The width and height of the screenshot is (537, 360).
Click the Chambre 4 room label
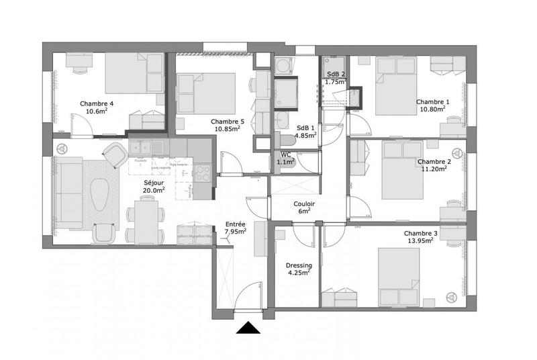[x=97, y=103]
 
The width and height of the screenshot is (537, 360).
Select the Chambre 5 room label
[x=227, y=121]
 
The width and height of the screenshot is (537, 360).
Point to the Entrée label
[x=235, y=224]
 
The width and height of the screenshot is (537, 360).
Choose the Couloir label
[x=304, y=204]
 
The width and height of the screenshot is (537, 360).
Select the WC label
[x=286, y=154]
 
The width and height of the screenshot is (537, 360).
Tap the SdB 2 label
[x=335, y=74]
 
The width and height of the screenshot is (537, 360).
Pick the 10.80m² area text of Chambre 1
[x=433, y=109]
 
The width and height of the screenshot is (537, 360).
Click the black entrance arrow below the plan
[x=249, y=328]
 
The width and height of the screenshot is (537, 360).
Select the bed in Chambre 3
[x=402, y=275]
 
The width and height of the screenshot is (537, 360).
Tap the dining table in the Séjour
[x=144, y=223]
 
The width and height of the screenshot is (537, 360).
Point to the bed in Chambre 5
[x=207, y=93]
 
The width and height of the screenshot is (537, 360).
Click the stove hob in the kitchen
[x=203, y=173]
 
